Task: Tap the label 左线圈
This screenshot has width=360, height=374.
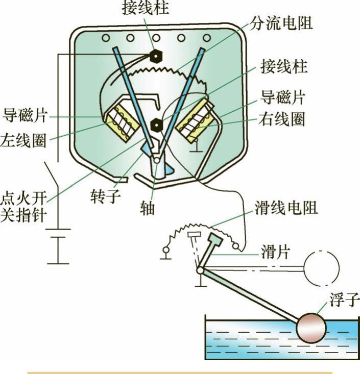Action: tap(23, 139)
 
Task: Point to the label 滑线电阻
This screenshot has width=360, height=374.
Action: tap(286, 207)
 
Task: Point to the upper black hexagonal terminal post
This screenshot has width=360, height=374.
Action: tap(154, 55)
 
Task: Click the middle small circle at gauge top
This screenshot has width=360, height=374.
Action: tap(156, 38)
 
